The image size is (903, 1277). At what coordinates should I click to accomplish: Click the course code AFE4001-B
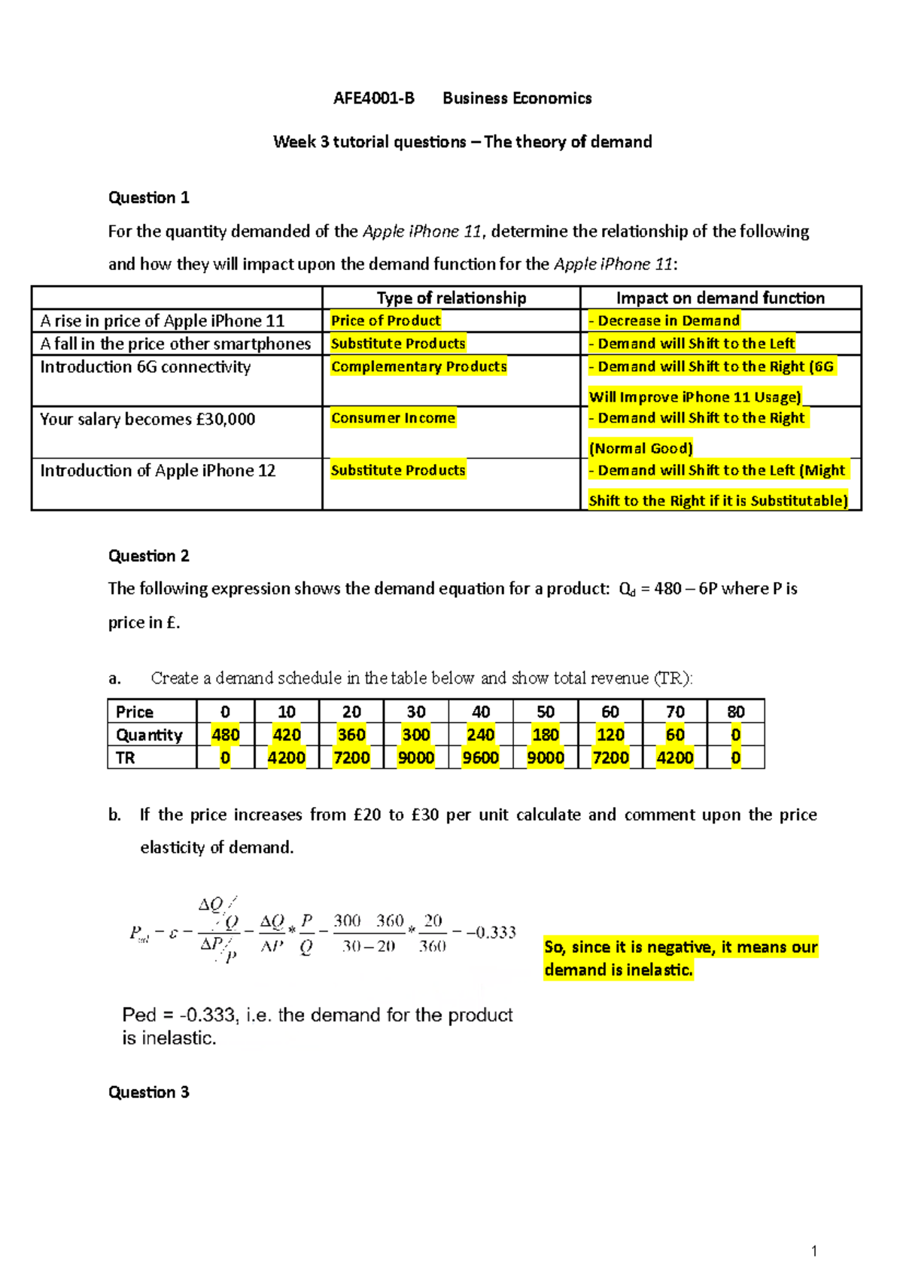(374, 99)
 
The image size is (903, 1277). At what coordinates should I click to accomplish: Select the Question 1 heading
(148, 198)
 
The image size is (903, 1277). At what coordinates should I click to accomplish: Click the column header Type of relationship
(451, 298)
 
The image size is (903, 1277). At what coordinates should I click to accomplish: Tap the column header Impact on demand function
(719, 298)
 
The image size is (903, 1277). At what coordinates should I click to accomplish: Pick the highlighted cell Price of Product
(385, 320)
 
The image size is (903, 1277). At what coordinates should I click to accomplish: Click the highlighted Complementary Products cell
(418, 366)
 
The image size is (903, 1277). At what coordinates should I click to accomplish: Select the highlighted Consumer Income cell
(393, 417)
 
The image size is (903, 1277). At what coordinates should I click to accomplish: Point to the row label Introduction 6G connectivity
(145, 367)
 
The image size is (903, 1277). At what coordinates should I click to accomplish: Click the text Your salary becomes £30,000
(147, 419)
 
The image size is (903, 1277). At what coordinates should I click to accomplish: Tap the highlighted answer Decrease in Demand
(667, 320)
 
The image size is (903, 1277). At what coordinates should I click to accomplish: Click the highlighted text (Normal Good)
(640, 448)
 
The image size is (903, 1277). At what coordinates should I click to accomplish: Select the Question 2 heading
(148, 556)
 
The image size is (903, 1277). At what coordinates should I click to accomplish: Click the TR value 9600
(480, 758)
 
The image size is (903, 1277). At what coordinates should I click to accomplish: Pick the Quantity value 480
(225, 735)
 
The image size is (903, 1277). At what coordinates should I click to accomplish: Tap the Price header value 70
(675, 711)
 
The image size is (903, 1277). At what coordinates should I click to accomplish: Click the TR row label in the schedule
(126, 758)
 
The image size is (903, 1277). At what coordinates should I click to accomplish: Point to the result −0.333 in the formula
(491, 933)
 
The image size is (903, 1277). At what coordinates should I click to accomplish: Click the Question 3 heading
(148, 1092)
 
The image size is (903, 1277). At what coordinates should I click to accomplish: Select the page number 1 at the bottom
(814, 1251)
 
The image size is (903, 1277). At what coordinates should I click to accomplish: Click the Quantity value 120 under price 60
(610, 735)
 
